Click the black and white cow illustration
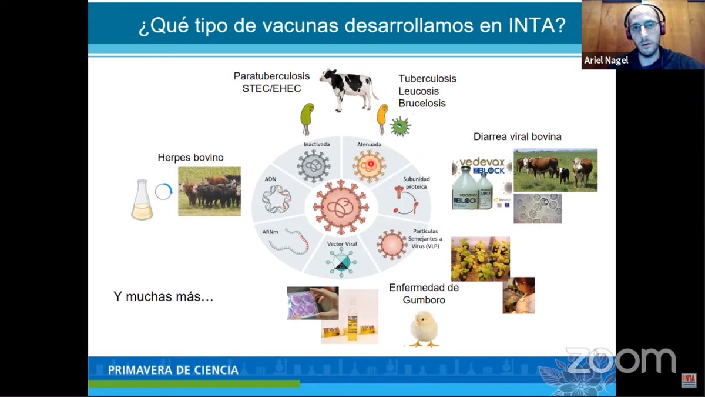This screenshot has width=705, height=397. (x=349, y=89)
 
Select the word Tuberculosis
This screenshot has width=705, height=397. (x=427, y=79)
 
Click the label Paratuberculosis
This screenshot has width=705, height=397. (x=271, y=76)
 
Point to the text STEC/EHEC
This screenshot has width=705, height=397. (x=271, y=89)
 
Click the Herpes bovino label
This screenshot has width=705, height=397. (x=190, y=158)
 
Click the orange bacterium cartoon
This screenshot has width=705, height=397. (x=382, y=119)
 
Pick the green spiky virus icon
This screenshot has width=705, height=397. (x=401, y=126)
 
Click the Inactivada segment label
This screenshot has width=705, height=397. (x=317, y=144)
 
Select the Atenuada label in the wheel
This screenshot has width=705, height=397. (x=369, y=144)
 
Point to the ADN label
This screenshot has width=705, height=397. (x=270, y=179)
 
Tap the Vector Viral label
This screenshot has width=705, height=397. (x=341, y=243)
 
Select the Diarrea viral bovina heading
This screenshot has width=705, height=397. (x=517, y=136)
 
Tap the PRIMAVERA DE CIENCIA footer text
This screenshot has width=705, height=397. (x=173, y=370)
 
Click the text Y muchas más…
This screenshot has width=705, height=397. (x=163, y=296)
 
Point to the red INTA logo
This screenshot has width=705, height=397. (x=689, y=381)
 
